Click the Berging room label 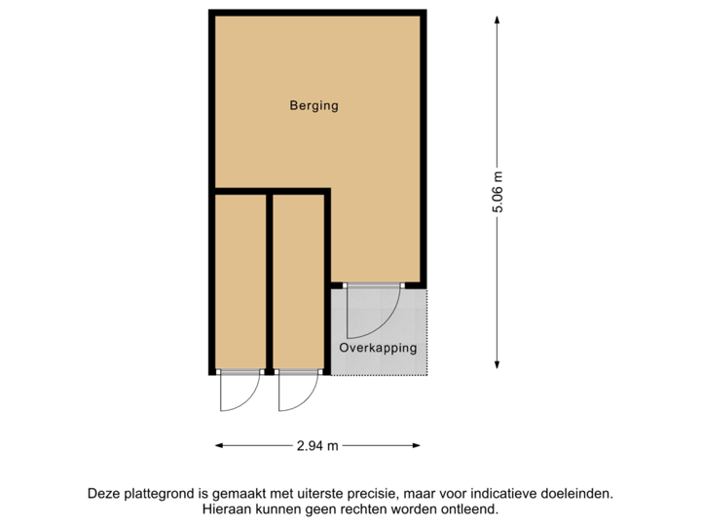[314, 106]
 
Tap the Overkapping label [378, 348]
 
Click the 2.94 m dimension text [318, 446]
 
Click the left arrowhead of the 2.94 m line [219, 446]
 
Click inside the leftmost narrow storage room [240, 282]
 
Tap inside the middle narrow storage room [298, 282]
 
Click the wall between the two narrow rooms [269, 282]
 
